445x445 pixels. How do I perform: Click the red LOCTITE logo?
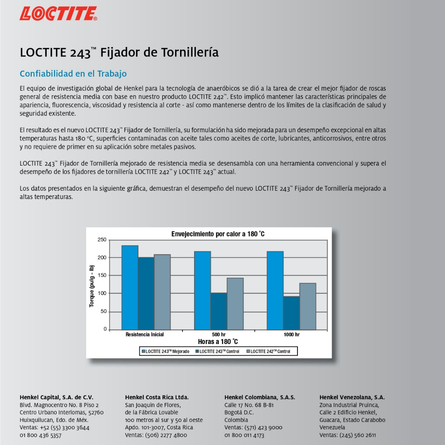[x=58, y=14]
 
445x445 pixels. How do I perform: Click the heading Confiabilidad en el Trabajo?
[x=73, y=74]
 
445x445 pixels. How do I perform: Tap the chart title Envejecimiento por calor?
[x=218, y=234]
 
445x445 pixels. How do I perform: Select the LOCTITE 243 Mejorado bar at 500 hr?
[x=202, y=290]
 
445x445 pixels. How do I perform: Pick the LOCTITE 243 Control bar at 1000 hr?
[x=291, y=313]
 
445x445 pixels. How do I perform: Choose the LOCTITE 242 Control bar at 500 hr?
[x=235, y=304]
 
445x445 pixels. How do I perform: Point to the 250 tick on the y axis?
[x=102, y=240]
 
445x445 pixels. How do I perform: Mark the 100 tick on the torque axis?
[x=102, y=293]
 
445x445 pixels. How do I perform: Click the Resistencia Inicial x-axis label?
[x=145, y=335]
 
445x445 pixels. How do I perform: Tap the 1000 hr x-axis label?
[x=291, y=335]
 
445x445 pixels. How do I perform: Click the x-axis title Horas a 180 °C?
[x=218, y=342]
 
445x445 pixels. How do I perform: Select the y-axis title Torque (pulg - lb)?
[x=92, y=286]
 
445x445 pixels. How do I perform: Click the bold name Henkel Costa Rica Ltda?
[x=157, y=398]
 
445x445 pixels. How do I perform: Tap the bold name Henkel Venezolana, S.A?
[x=352, y=398]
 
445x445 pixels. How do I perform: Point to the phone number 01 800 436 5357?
[x=41, y=435]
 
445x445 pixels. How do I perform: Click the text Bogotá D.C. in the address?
[x=239, y=412]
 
